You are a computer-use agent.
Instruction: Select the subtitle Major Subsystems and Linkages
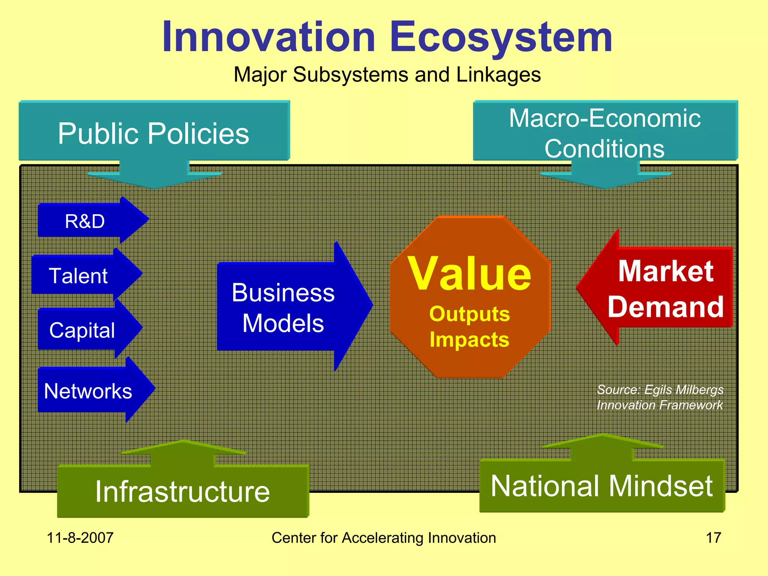point(387,74)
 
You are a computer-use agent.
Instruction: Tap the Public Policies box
point(154,133)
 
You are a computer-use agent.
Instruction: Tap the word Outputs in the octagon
point(469,314)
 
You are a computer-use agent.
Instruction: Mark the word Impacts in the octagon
point(469,339)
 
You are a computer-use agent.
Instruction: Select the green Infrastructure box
point(183,491)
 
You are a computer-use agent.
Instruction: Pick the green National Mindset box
point(601,486)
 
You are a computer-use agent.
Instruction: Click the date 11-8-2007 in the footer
point(80,537)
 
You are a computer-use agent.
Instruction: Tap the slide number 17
point(713,537)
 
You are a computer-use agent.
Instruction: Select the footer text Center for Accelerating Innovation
point(384,537)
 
